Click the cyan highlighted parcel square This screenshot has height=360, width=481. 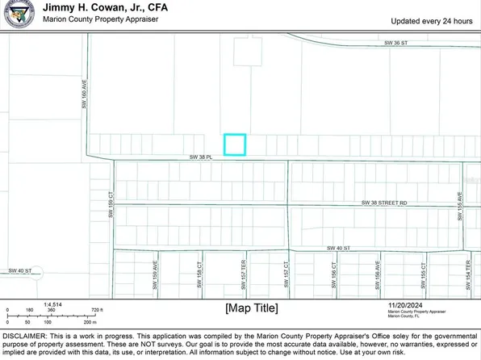(234, 144)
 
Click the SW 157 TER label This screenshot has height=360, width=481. (243, 270)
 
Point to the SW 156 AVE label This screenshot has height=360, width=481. (378, 270)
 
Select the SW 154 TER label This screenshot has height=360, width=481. (467, 270)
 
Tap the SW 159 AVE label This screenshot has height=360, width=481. (155, 270)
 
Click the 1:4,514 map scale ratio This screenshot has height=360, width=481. (17, 303)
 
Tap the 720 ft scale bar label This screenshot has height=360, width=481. (95, 309)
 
